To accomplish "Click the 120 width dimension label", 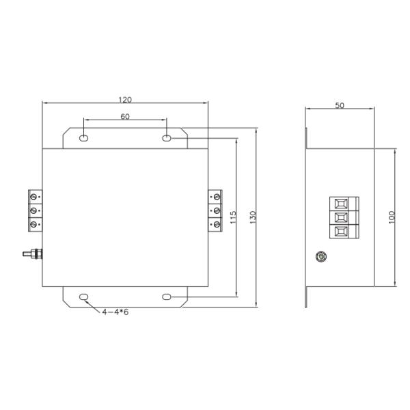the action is coord(125,100).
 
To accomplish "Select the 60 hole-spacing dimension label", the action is coord(125,116).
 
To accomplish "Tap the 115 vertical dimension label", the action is coord(233,217).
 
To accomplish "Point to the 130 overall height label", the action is coord(253,217).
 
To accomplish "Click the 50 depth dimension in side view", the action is coord(340,105).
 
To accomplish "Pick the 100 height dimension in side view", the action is coord(392,217).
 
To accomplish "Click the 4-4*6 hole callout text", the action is coord(115,312).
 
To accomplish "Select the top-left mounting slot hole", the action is coord(83,138).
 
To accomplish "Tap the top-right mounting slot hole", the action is coord(167,138).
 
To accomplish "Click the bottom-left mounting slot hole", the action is coord(83,297).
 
